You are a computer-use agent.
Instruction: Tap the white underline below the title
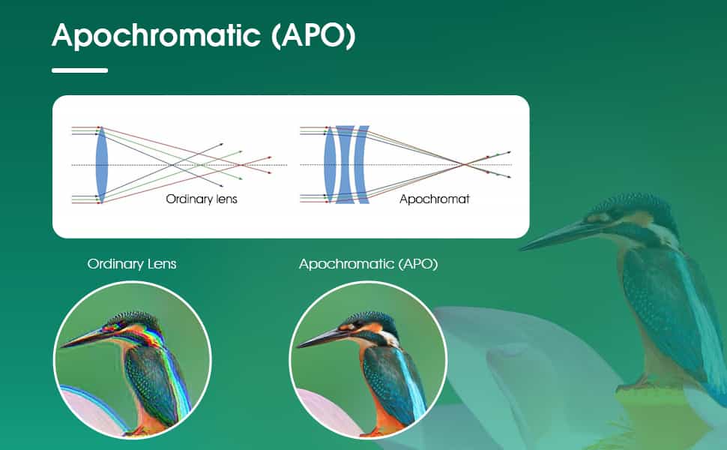(79, 70)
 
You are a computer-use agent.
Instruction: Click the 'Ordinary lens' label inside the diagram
(201, 199)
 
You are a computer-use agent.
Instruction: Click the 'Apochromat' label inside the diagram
(434, 199)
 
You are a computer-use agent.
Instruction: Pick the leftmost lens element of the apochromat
(329, 164)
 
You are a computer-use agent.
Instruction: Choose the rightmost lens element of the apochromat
(361, 164)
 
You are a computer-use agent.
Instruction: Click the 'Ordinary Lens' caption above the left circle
(132, 264)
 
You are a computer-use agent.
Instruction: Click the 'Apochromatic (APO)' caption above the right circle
(368, 264)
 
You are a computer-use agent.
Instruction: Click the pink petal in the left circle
(86, 409)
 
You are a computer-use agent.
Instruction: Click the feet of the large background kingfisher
(637, 386)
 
